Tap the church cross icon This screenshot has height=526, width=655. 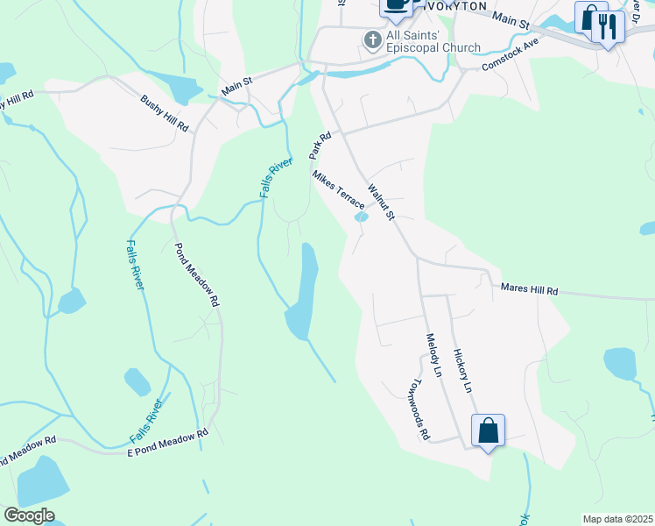(372, 40)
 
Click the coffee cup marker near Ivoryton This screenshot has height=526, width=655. (396, 4)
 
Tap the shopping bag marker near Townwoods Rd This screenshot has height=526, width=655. (488, 430)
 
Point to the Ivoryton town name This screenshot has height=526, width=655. (454, 5)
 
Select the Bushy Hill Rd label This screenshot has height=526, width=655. (165, 113)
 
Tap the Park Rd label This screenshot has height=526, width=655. (319, 146)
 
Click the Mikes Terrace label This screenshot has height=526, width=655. (339, 189)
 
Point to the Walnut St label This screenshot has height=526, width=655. (382, 203)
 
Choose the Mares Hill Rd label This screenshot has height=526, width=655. (529, 288)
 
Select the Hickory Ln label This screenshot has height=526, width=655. (462, 370)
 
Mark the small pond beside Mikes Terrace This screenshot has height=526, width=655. (361, 217)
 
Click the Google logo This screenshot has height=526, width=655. (29, 515)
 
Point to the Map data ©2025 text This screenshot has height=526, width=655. (616, 519)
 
